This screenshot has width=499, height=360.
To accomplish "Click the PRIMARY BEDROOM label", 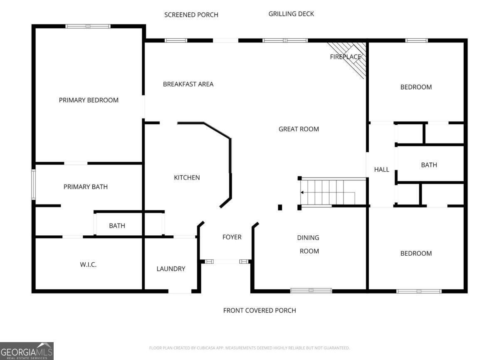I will (89, 100).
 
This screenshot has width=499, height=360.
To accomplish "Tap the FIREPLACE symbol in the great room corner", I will (349, 57).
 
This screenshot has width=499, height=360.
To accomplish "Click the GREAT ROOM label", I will (299, 129).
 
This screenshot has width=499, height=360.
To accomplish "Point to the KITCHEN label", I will (187, 178).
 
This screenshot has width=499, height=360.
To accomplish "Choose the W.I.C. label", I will (88, 264).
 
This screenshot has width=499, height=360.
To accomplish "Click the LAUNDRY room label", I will (171, 269).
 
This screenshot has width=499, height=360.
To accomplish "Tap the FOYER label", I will (232, 237).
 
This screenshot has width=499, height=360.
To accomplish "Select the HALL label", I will (381, 169).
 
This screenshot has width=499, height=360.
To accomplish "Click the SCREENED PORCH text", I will (191, 15).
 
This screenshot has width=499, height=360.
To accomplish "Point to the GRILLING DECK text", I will (291, 14).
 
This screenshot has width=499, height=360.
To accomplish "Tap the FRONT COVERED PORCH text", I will (259, 311).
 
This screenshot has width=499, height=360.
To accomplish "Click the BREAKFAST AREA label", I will (188, 84).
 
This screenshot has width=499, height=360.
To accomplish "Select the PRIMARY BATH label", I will (85, 187).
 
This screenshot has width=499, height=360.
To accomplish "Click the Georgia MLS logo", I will (27, 351).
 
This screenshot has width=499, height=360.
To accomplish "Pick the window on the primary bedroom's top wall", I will (88, 26).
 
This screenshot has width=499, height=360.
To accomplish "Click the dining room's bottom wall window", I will (311, 291).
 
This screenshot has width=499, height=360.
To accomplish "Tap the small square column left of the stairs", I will (280, 207).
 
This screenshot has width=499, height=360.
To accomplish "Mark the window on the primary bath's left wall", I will (34, 185).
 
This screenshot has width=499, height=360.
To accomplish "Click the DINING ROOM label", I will (308, 244).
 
